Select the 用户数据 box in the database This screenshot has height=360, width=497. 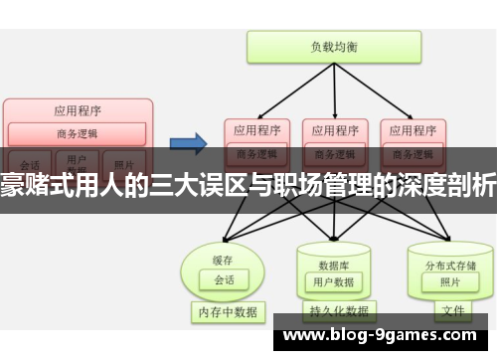(333, 281)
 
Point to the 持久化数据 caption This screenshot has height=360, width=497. (335, 310)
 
